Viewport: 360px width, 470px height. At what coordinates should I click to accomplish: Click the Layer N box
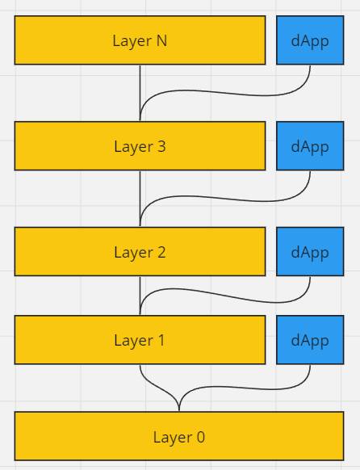(140, 40)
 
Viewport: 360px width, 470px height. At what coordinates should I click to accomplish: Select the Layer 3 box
(140, 146)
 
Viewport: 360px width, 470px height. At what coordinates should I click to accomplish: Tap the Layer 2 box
(140, 251)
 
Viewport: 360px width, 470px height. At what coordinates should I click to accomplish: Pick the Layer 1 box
(140, 340)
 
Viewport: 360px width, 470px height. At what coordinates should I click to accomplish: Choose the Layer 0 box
(179, 436)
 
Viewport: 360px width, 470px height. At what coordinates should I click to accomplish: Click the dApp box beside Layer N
(310, 40)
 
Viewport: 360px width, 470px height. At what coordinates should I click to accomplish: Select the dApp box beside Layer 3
(310, 146)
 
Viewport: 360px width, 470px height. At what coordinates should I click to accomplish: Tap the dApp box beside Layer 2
(310, 251)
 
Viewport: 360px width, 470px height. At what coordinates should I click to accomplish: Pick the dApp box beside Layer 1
(310, 340)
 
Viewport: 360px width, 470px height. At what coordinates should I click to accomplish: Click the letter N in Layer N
(161, 40)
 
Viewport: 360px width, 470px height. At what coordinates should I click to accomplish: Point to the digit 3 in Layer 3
(161, 146)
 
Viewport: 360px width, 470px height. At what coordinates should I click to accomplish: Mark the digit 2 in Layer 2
(161, 252)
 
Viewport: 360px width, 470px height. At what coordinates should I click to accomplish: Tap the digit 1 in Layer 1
(161, 340)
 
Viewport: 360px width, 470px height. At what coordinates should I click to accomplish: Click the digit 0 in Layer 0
(201, 437)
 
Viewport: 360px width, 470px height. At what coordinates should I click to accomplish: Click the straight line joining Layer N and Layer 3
(140, 93)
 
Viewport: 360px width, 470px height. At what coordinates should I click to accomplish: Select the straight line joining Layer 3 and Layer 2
(140, 199)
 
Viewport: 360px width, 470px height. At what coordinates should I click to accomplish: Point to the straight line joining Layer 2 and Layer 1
(140, 296)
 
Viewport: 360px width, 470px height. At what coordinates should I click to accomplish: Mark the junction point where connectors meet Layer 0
(179, 411)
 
